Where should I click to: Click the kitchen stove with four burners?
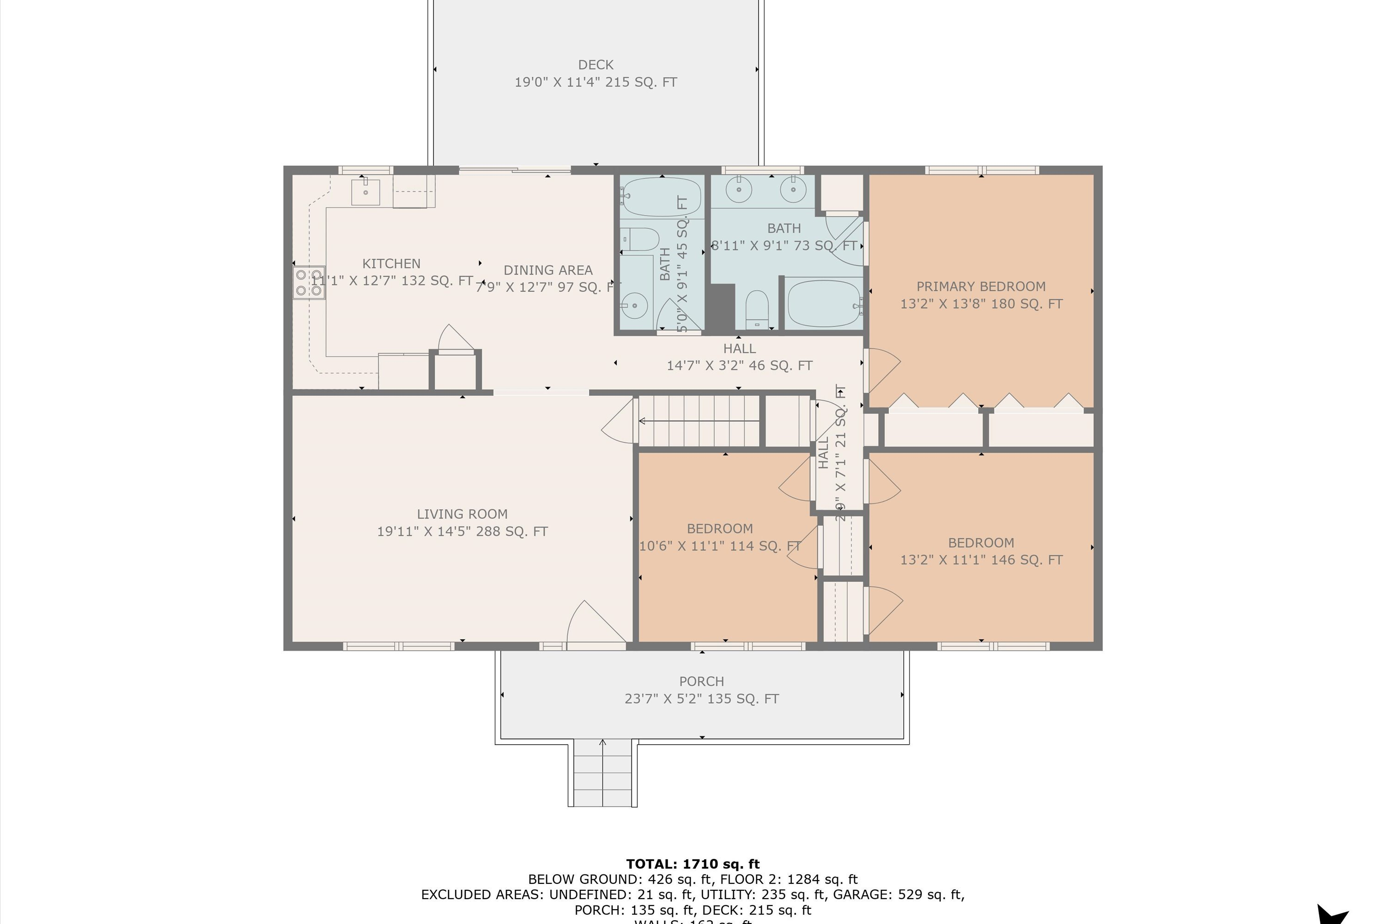click(x=309, y=282)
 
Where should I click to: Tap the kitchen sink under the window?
click(x=365, y=192)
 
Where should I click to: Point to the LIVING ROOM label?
click(x=462, y=514)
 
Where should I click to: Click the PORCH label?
click(x=701, y=681)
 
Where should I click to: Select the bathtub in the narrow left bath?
click(x=661, y=197)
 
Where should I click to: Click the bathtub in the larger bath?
click(x=824, y=304)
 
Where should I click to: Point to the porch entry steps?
click(x=602, y=773)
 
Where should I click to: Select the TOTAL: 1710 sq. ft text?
click(x=693, y=864)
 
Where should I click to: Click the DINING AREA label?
click(x=547, y=270)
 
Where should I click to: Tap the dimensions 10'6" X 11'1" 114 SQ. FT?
click(x=719, y=546)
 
